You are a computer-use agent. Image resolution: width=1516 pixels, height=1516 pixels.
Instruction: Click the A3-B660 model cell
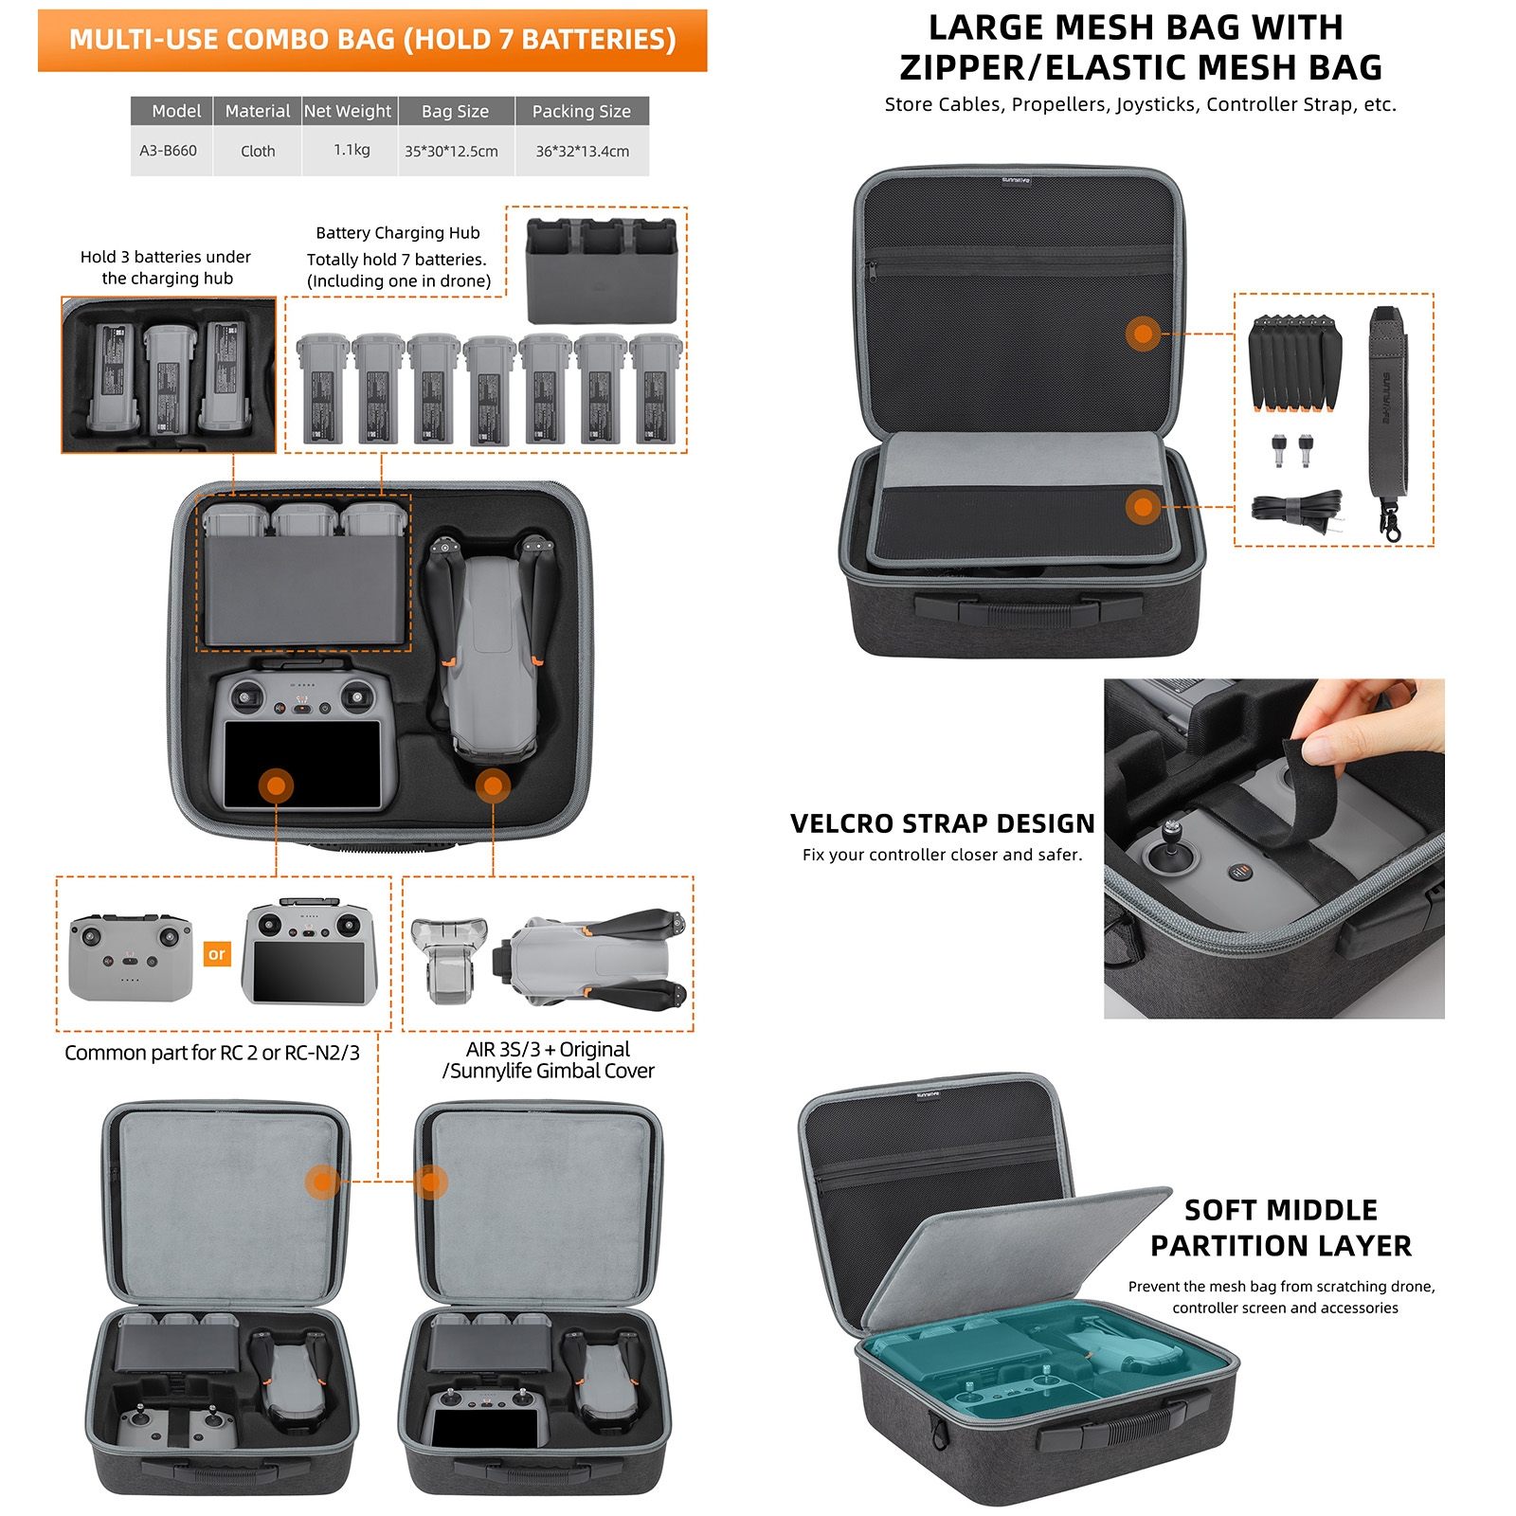tap(169, 151)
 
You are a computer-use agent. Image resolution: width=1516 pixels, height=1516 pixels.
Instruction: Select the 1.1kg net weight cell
tap(352, 150)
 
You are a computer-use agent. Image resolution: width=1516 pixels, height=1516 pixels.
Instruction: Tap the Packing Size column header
tap(582, 111)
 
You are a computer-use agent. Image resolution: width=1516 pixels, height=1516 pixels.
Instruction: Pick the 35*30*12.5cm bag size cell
tap(451, 152)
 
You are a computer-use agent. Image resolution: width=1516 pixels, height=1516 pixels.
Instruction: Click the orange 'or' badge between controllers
tap(217, 954)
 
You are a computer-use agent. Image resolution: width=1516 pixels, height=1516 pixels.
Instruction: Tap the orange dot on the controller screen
tap(276, 785)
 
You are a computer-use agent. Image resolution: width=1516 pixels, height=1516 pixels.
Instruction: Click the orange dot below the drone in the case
tap(493, 785)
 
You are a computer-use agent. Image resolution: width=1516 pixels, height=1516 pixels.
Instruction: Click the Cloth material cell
tap(258, 152)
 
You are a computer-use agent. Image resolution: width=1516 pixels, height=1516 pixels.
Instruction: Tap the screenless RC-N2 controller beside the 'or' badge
tap(131, 958)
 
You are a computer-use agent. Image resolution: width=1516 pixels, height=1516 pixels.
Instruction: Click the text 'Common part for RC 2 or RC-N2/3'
tap(212, 1053)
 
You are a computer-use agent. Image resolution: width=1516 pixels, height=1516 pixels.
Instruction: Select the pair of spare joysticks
tap(1291, 450)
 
